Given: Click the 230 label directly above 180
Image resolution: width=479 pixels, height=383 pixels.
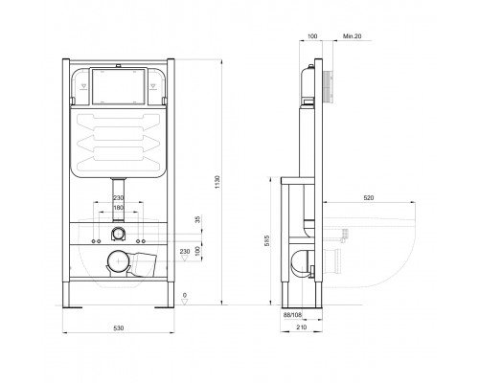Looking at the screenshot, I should pyautogui.click(x=119, y=196).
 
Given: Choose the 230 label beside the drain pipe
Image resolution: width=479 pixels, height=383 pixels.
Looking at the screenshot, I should pyautogui.click(x=186, y=253).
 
